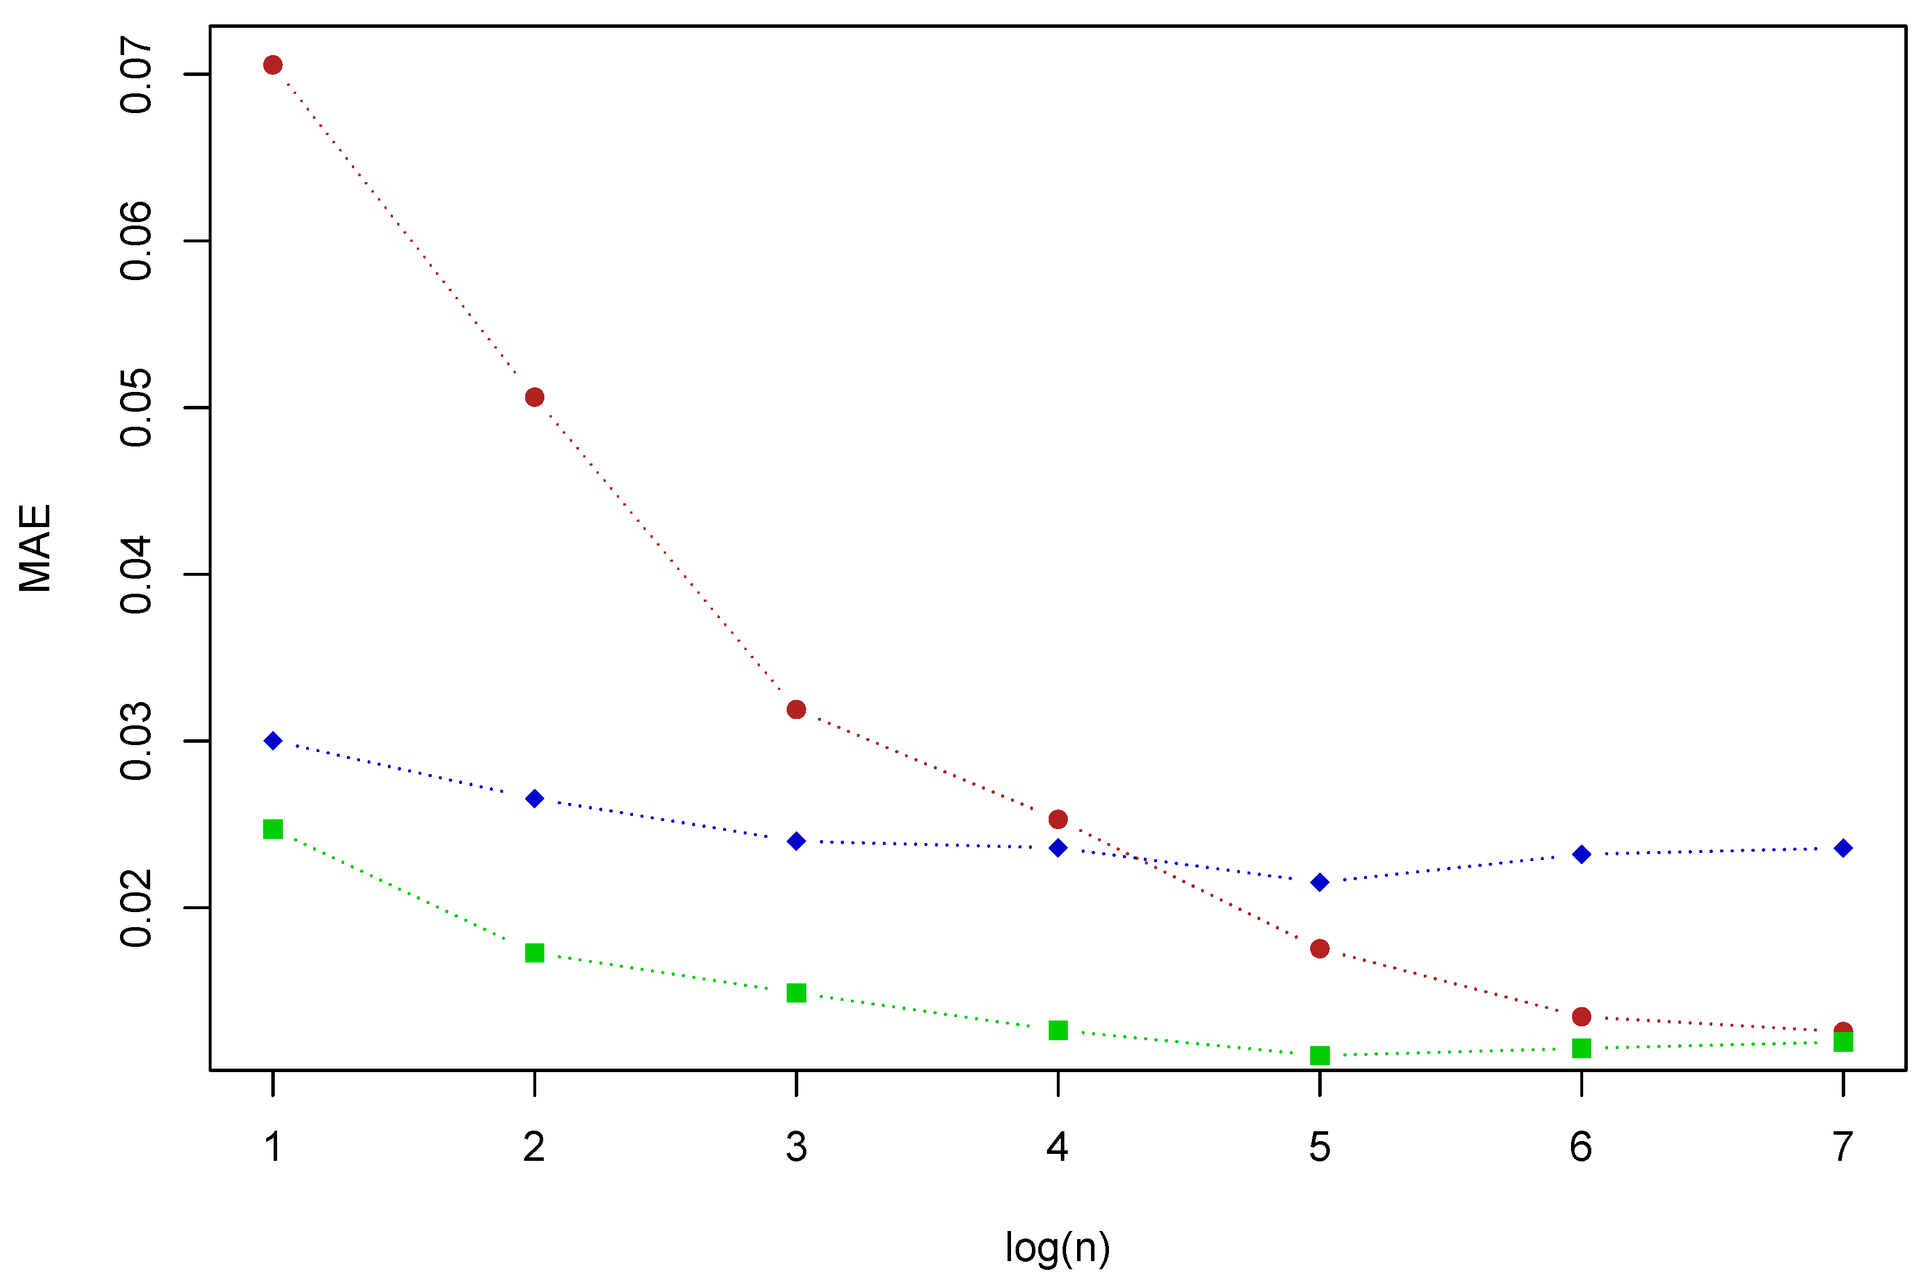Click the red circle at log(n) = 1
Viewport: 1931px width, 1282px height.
(x=273, y=66)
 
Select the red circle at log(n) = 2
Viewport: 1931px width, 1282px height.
(x=534, y=397)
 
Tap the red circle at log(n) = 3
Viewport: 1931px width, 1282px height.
(x=796, y=710)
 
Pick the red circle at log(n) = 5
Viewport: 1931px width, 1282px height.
(x=1320, y=949)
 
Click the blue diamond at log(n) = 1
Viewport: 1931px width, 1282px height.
(x=273, y=741)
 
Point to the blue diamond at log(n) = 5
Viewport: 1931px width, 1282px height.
(x=1320, y=882)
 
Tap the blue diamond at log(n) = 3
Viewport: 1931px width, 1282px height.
(x=796, y=841)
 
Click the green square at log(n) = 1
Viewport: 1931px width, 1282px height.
(x=273, y=829)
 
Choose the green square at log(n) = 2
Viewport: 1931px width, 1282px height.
(x=534, y=953)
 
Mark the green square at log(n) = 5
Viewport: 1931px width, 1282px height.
(x=1320, y=1055)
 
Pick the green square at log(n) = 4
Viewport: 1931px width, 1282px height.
(x=1058, y=1030)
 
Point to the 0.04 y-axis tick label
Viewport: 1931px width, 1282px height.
(x=136, y=575)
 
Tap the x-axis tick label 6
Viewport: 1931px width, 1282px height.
(x=1581, y=1147)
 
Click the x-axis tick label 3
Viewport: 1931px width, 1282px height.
(x=796, y=1147)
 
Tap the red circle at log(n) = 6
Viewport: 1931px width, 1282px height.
(x=1581, y=1016)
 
